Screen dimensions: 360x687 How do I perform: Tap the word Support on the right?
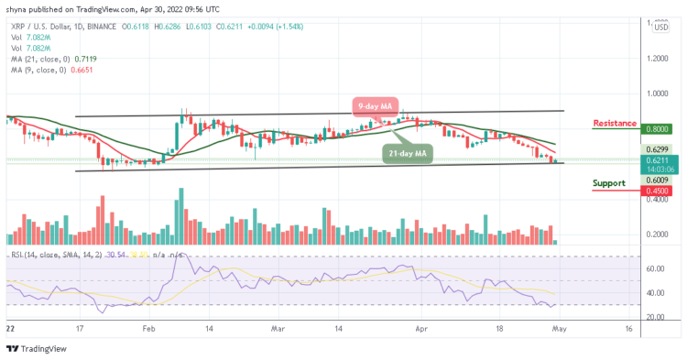click(x=611, y=182)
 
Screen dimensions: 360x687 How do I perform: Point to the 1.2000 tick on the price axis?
click(x=660, y=58)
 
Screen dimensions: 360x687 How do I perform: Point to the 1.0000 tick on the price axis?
click(x=660, y=93)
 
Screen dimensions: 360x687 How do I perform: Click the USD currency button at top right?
click(x=660, y=27)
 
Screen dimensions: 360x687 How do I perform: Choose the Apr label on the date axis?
click(x=420, y=326)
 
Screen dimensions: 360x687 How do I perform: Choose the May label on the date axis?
click(x=561, y=326)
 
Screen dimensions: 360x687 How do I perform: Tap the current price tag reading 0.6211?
click(x=660, y=158)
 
